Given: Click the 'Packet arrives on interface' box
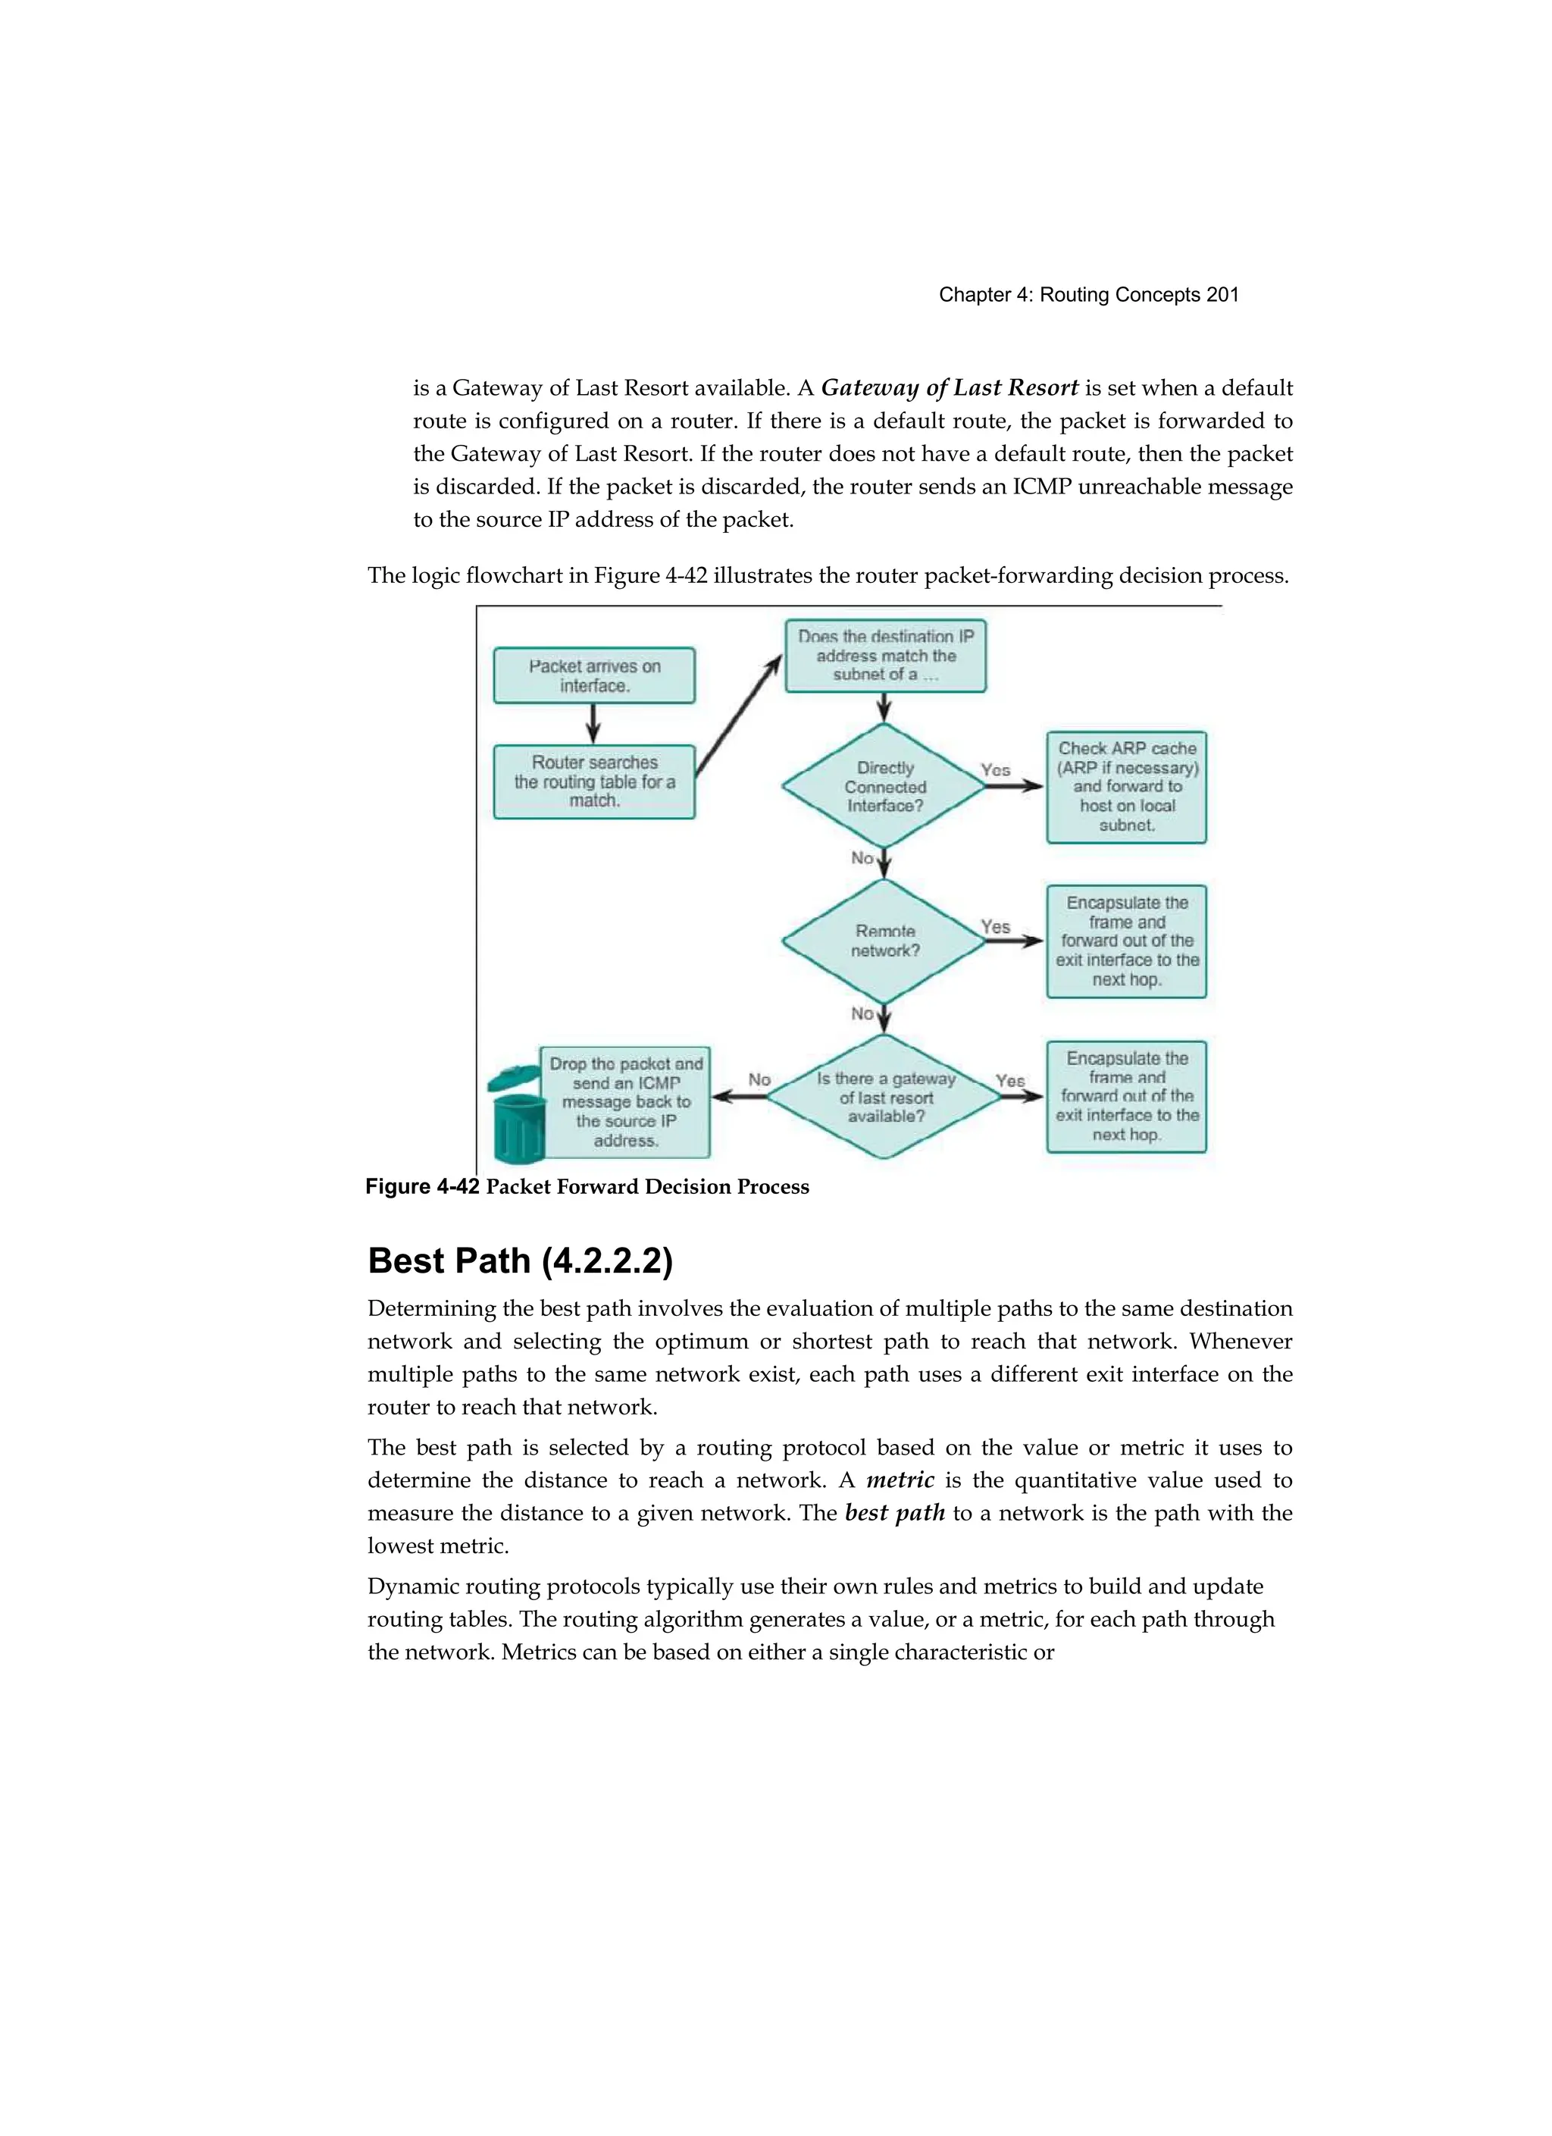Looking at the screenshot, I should pyautogui.click(x=594, y=675).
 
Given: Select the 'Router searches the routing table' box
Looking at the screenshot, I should pyautogui.click(x=594, y=781).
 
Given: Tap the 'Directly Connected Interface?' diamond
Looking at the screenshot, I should pyautogui.click(x=884, y=786).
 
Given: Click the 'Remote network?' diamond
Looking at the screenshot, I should pyautogui.click(x=884, y=941).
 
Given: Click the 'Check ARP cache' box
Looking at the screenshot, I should pyautogui.click(x=1126, y=786).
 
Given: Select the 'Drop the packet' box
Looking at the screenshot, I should pyautogui.click(x=625, y=1102).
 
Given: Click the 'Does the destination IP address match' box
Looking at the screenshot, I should pyautogui.click(x=885, y=656).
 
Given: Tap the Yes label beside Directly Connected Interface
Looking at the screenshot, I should pyautogui.click(x=996, y=769).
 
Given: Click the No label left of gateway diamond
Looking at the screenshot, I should pyautogui.click(x=759, y=1079).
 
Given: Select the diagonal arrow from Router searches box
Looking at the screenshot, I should pyautogui.click(x=740, y=716).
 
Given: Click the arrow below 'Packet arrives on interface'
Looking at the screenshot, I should pyautogui.click(x=593, y=723).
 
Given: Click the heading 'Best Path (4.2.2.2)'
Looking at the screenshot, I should pyautogui.click(x=520, y=1260).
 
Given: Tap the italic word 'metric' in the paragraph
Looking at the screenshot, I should pyautogui.click(x=900, y=1480).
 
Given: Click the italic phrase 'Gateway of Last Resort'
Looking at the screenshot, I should pyautogui.click(x=950, y=388).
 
